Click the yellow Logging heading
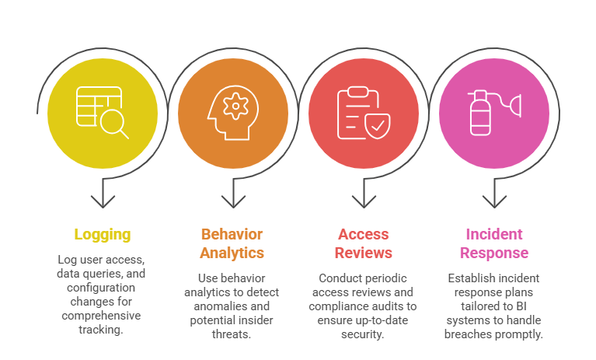(103, 234)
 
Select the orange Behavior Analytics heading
(232, 243)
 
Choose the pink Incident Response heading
(494, 243)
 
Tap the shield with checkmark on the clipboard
(377, 124)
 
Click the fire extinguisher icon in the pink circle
(479, 114)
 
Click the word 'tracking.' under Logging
(103, 330)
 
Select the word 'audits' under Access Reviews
(397, 306)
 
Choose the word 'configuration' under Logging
(101, 288)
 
